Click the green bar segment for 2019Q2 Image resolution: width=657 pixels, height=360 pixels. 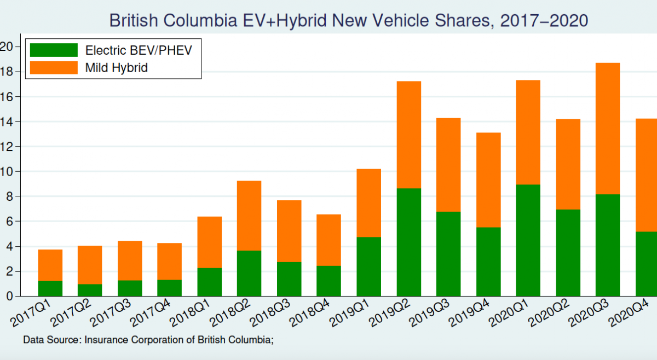(x=409, y=242)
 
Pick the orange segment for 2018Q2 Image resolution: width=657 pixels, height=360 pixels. (x=249, y=216)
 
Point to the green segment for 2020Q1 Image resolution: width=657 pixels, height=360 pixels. (x=528, y=240)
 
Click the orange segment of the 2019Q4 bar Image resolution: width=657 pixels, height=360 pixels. (x=488, y=180)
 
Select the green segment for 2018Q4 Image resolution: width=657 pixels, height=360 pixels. (x=329, y=281)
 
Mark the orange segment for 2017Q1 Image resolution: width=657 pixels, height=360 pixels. (x=50, y=265)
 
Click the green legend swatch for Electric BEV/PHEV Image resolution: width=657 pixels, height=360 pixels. (x=54, y=50)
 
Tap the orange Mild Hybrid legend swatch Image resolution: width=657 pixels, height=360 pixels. (x=54, y=67)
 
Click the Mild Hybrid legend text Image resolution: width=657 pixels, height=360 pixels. (x=117, y=68)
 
